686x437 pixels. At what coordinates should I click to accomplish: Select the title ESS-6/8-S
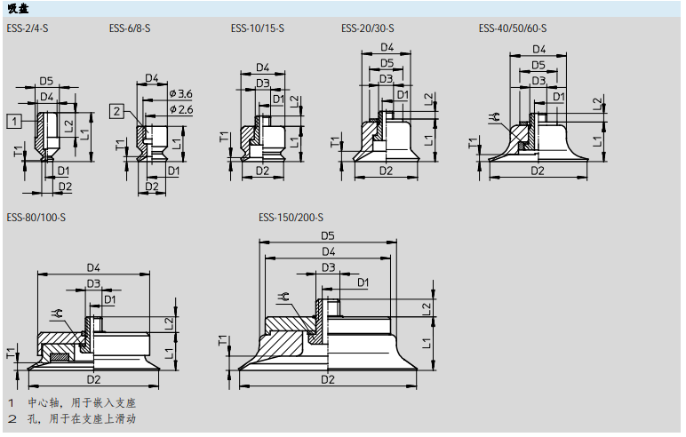129,28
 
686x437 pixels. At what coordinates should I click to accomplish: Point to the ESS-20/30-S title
368,28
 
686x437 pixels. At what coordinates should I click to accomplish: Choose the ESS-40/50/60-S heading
513,28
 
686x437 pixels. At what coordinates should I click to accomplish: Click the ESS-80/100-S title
36,218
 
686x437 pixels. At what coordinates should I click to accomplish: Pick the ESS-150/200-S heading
291,218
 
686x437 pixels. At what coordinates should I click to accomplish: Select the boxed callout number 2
117,111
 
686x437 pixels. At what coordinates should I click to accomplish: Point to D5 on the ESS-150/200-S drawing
327,235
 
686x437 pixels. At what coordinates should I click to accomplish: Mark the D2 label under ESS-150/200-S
327,379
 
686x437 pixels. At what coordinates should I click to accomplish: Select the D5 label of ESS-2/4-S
46,81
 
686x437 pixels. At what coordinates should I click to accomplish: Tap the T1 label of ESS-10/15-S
224,137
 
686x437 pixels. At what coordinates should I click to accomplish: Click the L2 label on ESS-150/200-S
427,306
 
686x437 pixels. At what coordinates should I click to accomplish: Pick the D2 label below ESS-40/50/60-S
537,170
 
